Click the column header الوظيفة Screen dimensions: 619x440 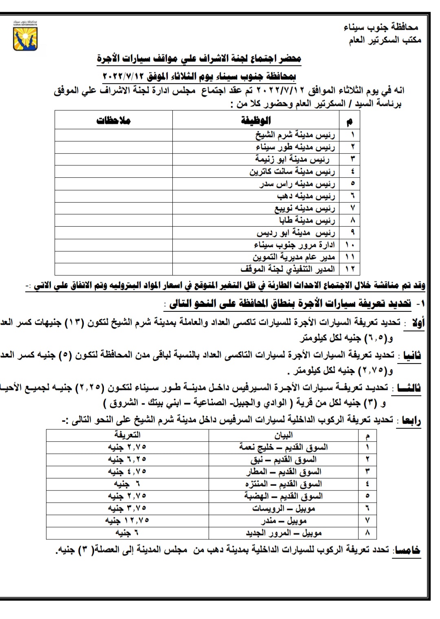click(x=256, y=120)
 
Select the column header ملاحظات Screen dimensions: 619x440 click(x=113, y=120)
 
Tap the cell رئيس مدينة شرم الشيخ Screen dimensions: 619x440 click(x=295, y=135)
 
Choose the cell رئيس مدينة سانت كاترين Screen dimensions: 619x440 click(x=292, y=172)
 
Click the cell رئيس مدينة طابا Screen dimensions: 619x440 click(x=307, y=220)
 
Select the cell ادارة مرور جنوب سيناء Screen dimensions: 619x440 click(x=294, y=245)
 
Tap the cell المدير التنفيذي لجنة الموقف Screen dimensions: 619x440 click(x=288, y=269)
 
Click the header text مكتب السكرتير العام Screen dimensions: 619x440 click(x=385, y=40)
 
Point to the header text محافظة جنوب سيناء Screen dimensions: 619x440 click(x=381, y=27)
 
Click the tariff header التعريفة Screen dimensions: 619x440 click(x=127, y=435)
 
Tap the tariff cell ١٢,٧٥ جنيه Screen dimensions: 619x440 click(x=127, y=520)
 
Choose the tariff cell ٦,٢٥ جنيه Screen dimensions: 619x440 click(x=127, y=459)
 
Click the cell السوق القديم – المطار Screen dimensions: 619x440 click(x=284, y=471)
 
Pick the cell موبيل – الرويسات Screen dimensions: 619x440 click(x=284, y=508)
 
